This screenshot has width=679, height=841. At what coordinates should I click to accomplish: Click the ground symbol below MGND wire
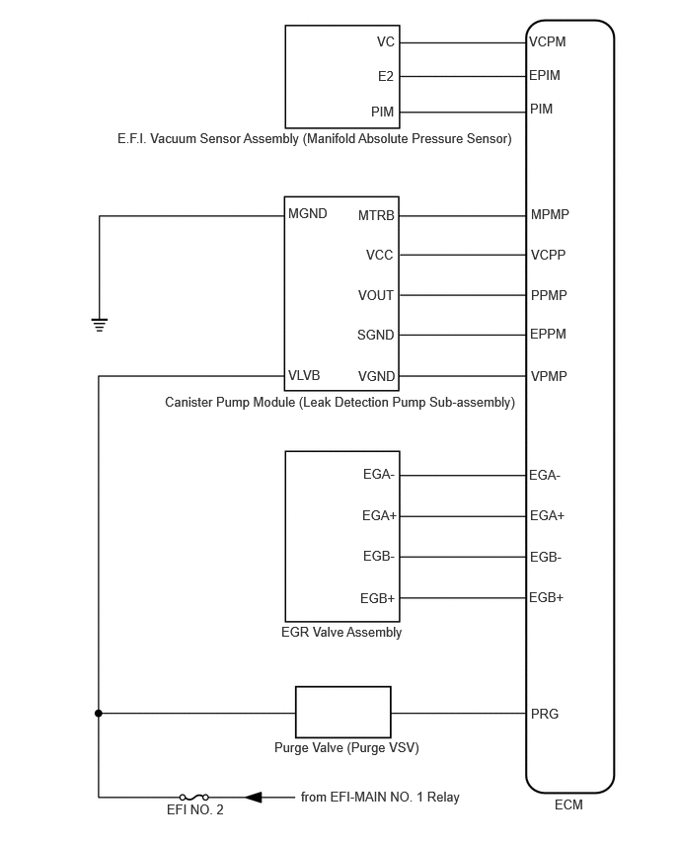100,325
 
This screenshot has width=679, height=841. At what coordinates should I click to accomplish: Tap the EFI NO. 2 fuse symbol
193,797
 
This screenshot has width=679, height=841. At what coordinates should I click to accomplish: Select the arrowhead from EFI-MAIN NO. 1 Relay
254,797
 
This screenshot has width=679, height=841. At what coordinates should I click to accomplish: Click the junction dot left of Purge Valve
98,714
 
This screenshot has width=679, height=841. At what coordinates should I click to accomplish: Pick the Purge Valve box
343,713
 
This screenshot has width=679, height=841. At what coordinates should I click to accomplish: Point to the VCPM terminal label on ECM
547,41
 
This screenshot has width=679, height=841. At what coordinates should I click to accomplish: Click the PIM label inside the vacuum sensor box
382,112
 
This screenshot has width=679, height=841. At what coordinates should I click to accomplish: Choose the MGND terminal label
307,213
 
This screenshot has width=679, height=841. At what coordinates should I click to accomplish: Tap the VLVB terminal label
304,375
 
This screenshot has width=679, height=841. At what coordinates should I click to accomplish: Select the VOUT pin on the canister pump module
376,295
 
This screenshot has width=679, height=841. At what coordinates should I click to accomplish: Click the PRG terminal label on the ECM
545,714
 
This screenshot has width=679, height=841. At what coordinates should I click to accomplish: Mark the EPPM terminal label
548,335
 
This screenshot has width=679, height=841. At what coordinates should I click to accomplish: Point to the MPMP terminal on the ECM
550,214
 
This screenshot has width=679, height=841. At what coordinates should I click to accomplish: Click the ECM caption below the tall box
568,804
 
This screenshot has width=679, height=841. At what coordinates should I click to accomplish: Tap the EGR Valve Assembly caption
341,633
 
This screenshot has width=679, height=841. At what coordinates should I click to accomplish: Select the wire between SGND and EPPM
463,335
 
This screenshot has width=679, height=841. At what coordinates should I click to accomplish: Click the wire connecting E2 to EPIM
463,76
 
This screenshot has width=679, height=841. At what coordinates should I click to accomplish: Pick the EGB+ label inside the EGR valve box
378,598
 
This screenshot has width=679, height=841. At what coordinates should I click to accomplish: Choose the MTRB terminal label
376,215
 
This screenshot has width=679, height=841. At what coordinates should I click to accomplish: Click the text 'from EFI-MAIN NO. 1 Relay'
380,797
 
